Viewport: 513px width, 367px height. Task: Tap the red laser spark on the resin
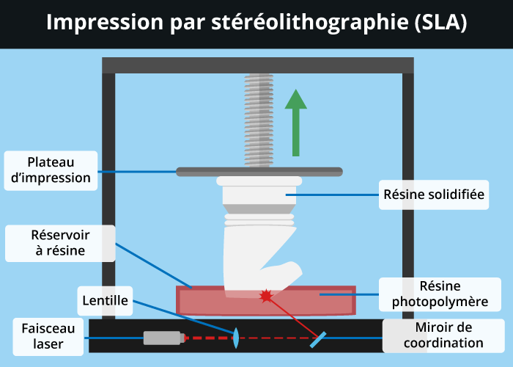265,296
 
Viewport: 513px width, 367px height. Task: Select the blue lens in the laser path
236,338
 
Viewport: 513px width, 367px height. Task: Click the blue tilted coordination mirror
318,338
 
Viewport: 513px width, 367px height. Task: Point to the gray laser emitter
162,338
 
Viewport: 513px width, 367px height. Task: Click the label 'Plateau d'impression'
51,170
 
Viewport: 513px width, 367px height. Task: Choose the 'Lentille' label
106,299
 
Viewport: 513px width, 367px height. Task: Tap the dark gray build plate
259,172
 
